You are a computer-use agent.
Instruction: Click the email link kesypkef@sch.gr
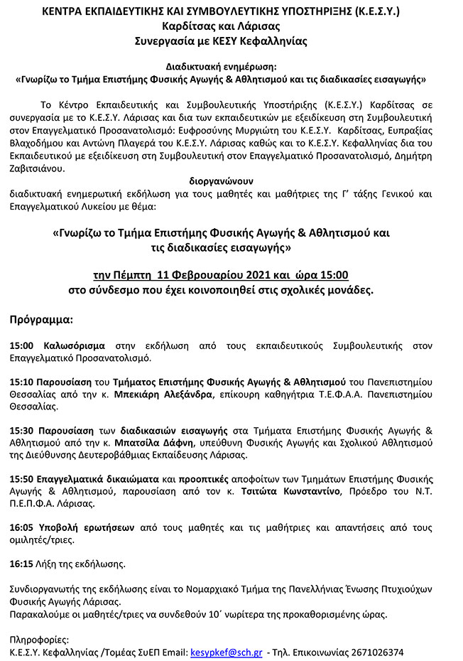(227, 652)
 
